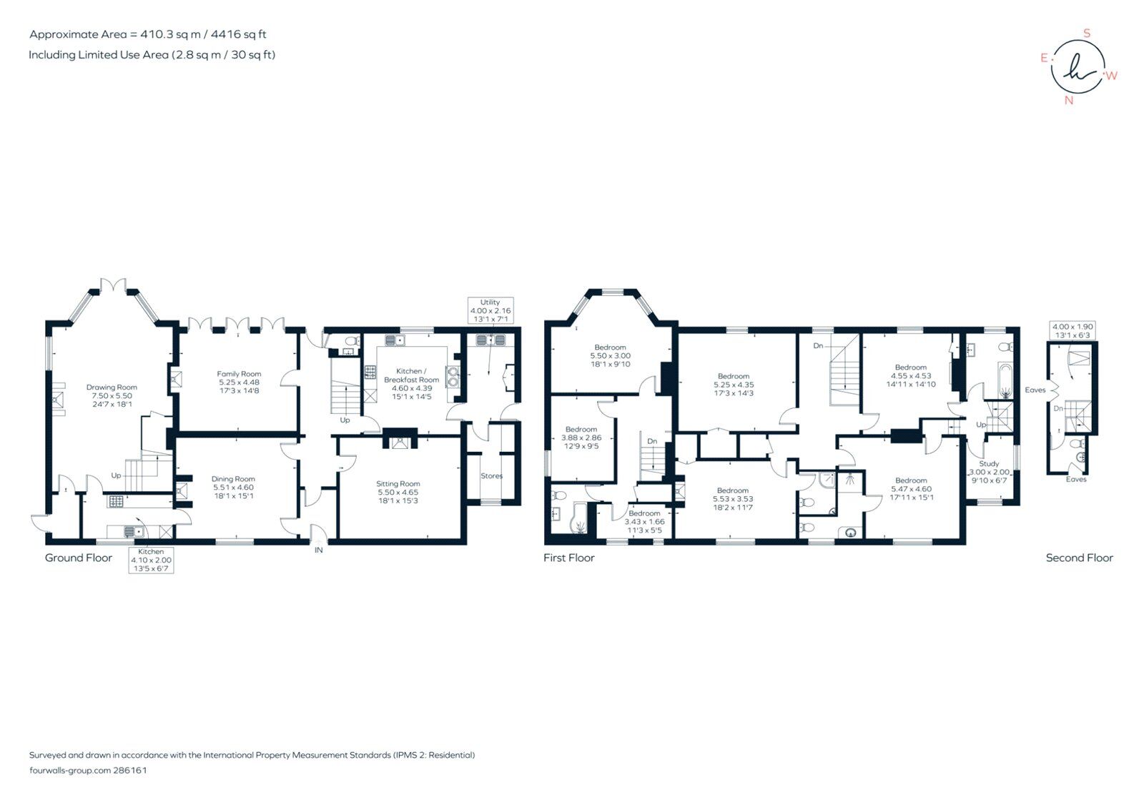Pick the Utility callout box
point(490,310)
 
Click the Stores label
point(492,476)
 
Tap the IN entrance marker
point(318,550)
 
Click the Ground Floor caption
point(79,558)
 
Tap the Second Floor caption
point(1079,558)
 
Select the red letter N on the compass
point(1069,100)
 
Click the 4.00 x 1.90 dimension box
point(1072,330)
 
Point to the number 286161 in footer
point(130,771)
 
